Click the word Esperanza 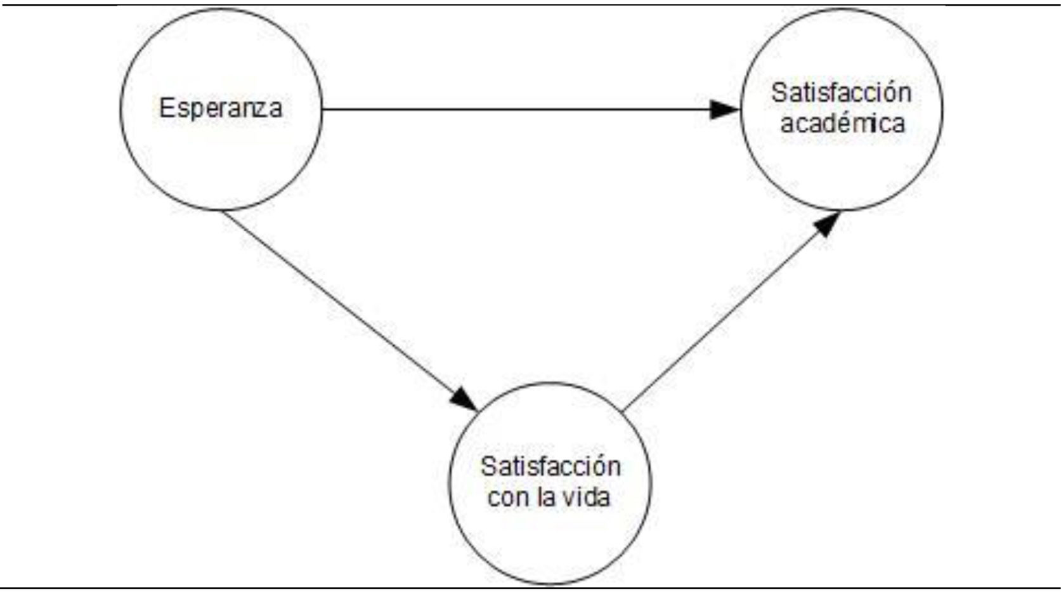221,108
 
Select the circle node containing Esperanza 221,159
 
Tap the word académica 842,123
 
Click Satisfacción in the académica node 842,93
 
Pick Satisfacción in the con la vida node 550,467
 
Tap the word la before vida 546,496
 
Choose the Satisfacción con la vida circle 550,539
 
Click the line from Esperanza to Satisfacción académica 507,109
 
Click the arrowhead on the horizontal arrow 724,109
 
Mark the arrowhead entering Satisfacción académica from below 827,224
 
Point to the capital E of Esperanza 166,108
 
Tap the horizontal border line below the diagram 530,588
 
